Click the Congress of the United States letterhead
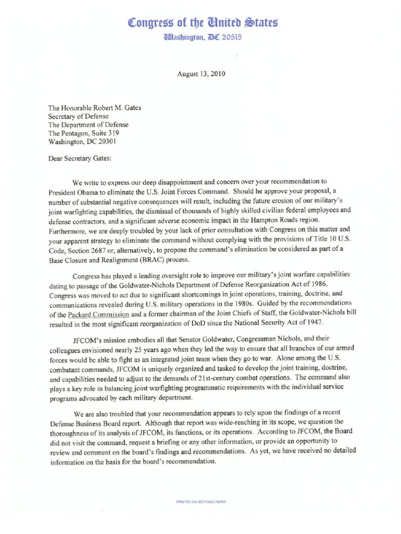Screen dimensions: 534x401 point(201,22)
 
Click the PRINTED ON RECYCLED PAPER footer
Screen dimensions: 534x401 point(201,502)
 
